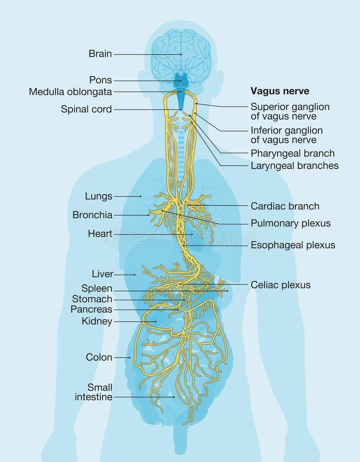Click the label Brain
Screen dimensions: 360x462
coord(100,54)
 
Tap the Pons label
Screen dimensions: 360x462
coord(101,80)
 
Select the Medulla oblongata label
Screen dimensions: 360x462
coord(70,92)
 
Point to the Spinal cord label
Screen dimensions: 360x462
coord(86,109)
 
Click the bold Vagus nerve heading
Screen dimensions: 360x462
coord(280,91)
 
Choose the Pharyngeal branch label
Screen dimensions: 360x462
coord(293,153)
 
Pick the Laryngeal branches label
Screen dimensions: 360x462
coord(295,166)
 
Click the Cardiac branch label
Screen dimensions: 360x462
coord(285,206)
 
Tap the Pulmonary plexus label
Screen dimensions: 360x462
coord(291,223)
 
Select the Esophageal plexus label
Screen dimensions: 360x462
coord(293,245)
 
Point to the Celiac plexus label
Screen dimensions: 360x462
coord(281,285)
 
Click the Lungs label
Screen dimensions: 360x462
coord(99,196)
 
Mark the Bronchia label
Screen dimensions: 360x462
coord(92,215)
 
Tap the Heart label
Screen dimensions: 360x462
coord(100,234)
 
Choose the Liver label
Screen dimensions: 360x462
coord(103,274)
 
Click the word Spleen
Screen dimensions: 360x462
coord(97,288)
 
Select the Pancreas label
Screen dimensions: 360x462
coord(91,310)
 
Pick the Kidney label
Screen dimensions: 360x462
coord(97,321)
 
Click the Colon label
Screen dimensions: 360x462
coord(99,357)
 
